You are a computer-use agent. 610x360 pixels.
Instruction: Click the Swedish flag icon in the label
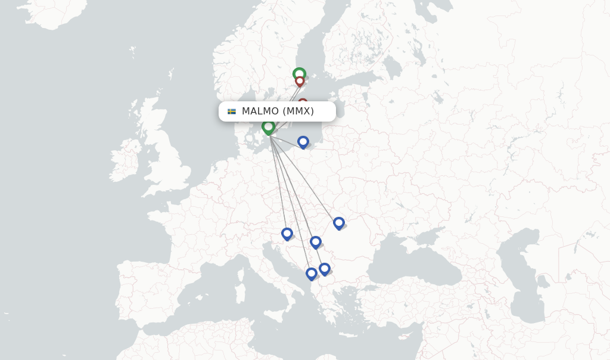pos(232,111)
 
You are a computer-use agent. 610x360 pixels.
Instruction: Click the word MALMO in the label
pos(260,111)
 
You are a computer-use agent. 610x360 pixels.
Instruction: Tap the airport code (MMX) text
pos(298,111)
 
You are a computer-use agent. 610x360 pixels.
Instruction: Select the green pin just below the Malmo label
pos(268,127)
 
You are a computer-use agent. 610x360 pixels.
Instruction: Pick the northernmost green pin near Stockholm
pos(299,74)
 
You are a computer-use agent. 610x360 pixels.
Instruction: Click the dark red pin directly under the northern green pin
pos(300,81)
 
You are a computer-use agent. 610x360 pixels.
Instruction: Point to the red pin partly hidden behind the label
pos(303,103)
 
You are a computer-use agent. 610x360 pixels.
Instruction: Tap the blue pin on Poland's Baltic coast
pos(303,142)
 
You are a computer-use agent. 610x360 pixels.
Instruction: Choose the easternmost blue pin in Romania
pos(338,223)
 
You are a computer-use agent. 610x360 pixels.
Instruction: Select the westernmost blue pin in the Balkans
pos(287,234)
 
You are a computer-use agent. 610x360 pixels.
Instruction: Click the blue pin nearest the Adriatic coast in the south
pos(311,274)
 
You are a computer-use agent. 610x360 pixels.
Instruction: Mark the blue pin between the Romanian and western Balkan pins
pos(315,242)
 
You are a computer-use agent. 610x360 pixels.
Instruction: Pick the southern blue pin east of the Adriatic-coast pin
pos(324,269)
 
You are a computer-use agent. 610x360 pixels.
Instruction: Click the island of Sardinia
pos(240,293)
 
